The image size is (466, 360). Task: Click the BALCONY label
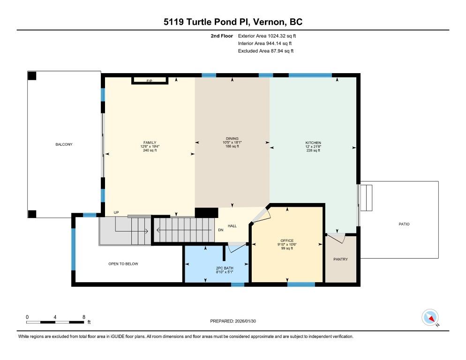pos(64,144)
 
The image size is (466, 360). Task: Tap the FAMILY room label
pos(150,142)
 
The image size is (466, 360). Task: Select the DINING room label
pos(232,139)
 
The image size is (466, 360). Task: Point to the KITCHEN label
pos(313,142)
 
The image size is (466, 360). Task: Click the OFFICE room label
pos(287,240)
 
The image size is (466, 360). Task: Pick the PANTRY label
pos(340,259)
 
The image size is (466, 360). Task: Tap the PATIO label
pos(404,224)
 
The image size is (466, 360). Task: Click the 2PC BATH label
pos(225,268)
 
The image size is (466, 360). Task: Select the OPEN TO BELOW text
pos(123,264)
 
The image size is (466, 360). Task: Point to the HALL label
pos(232,226)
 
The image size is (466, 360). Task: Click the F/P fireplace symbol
pos(150,81)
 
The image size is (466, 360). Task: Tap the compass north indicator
pos(430,317)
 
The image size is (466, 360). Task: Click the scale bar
pos(55,322)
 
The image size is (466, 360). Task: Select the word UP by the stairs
pos(116,212)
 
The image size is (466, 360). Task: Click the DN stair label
pos(220,230)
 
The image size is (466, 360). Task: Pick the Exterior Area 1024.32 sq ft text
pos(267,36)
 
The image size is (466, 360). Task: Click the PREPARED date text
pos(233,321)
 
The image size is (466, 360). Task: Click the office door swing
pos(261,215)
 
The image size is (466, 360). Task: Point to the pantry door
pos(336,238)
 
